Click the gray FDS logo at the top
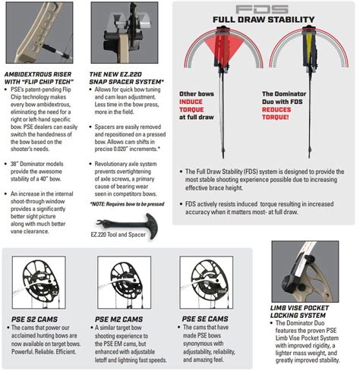[x=262, y=9]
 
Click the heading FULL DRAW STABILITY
[x=264, y=20]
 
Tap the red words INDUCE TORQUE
[x=191, y=105]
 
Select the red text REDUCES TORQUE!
[x=276, y=113]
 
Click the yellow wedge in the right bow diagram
[x=309, y=47]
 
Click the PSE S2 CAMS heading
[x=34, y=319]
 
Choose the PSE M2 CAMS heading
[x=118, y=319]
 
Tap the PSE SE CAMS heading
[x=205, y=319]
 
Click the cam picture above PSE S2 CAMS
[x=39, y=282]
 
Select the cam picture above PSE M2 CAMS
[x=125, y=282]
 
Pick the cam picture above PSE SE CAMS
[x=207, y=282]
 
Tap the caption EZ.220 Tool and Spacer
[x=118, y=234]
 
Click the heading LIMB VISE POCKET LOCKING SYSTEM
[x=299, y=312]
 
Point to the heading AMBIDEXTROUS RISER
[x=38, y=74]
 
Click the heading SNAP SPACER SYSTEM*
[x=127, y=82]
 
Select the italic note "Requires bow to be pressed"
[x=135, y=204]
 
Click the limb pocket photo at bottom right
[x=305, y=272]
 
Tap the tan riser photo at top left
[x=39, y=33]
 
